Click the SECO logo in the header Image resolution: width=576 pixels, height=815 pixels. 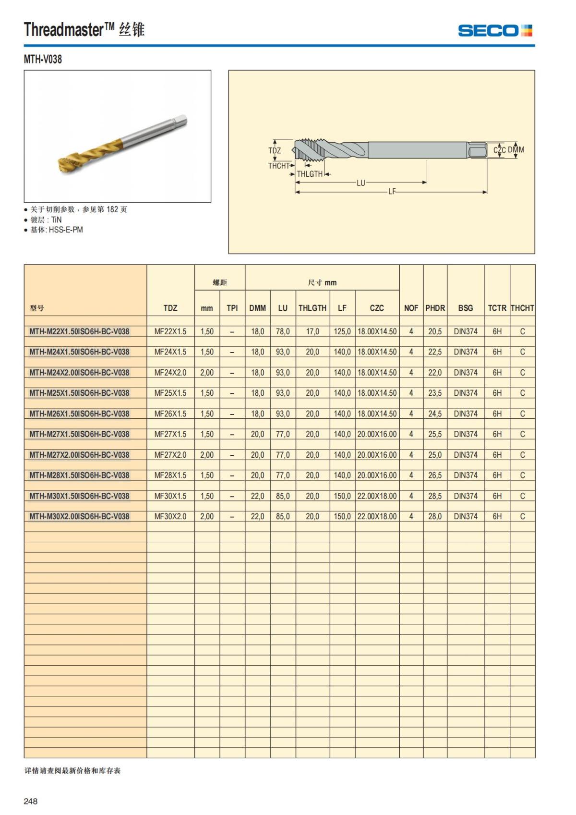coord(495,31)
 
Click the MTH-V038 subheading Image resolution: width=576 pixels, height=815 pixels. coord(43,60)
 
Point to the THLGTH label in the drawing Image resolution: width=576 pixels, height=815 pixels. coord(310,174)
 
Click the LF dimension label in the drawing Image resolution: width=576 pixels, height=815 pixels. coord(392,192)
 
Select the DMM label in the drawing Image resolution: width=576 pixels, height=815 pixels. coord(516,150)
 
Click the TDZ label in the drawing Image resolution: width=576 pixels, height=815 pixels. coord(275,150)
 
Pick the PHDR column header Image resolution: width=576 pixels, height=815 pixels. coord(435,308)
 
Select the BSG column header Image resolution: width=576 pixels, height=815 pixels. coord(465,308)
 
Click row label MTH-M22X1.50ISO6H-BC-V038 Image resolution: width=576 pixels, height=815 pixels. coord(79,331)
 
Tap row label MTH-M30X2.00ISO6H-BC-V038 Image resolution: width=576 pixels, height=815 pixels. coord(79,516)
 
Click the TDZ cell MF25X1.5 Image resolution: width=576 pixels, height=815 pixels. coord(170,393)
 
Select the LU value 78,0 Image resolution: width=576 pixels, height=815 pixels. coord(283,331)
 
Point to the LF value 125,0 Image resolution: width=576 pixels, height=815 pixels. coord(342,331)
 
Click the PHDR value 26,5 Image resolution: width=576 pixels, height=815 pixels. coord(435,475)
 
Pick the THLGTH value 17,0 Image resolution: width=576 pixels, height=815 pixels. coord(312,331)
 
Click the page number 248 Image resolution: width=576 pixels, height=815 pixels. coord(31,801)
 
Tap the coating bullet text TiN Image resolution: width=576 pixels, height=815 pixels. coord(56,219)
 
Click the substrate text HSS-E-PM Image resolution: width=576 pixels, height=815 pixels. coord(66,230)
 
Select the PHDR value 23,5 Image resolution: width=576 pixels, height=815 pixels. coord(435,393)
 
